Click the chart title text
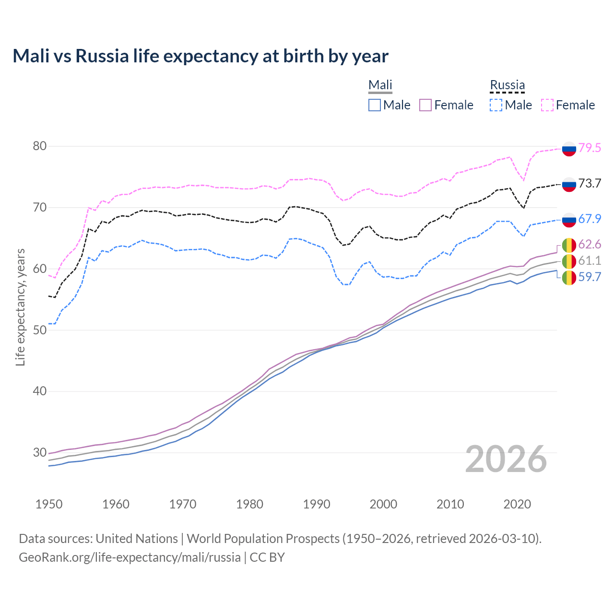[201, 56]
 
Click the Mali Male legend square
[375, 105]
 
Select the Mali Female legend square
[425, 105]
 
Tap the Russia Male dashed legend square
[496, 105]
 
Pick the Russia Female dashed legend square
[547, 105]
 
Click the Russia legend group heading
[507, 85]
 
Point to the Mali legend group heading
[380, 85]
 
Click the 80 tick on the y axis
[39, 146]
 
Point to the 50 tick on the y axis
[39, 330]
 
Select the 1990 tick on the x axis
[317, 504]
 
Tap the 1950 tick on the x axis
[49, 504]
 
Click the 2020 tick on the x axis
[517, 504]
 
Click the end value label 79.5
[590, 148]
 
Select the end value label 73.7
[590, 183]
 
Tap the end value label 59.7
[590, 277]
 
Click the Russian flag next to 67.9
[569, 219]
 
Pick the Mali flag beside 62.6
[569, 245]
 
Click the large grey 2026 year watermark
[506, 459]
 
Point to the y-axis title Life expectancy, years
[20, 307]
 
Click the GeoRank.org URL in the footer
[130, 557]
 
